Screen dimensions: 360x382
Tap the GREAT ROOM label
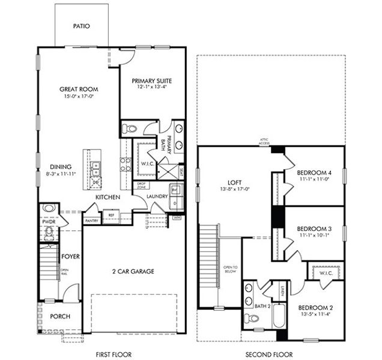[78, 89]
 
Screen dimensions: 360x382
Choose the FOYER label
[71, 257]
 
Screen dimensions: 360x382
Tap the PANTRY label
[91, 221]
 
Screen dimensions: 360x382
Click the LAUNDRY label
[156, 196]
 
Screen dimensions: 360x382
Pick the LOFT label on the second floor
[234, 182]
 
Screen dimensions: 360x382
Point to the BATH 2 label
[262, 306]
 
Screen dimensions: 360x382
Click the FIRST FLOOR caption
[114, 355]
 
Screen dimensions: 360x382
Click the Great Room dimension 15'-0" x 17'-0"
[78, 96]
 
